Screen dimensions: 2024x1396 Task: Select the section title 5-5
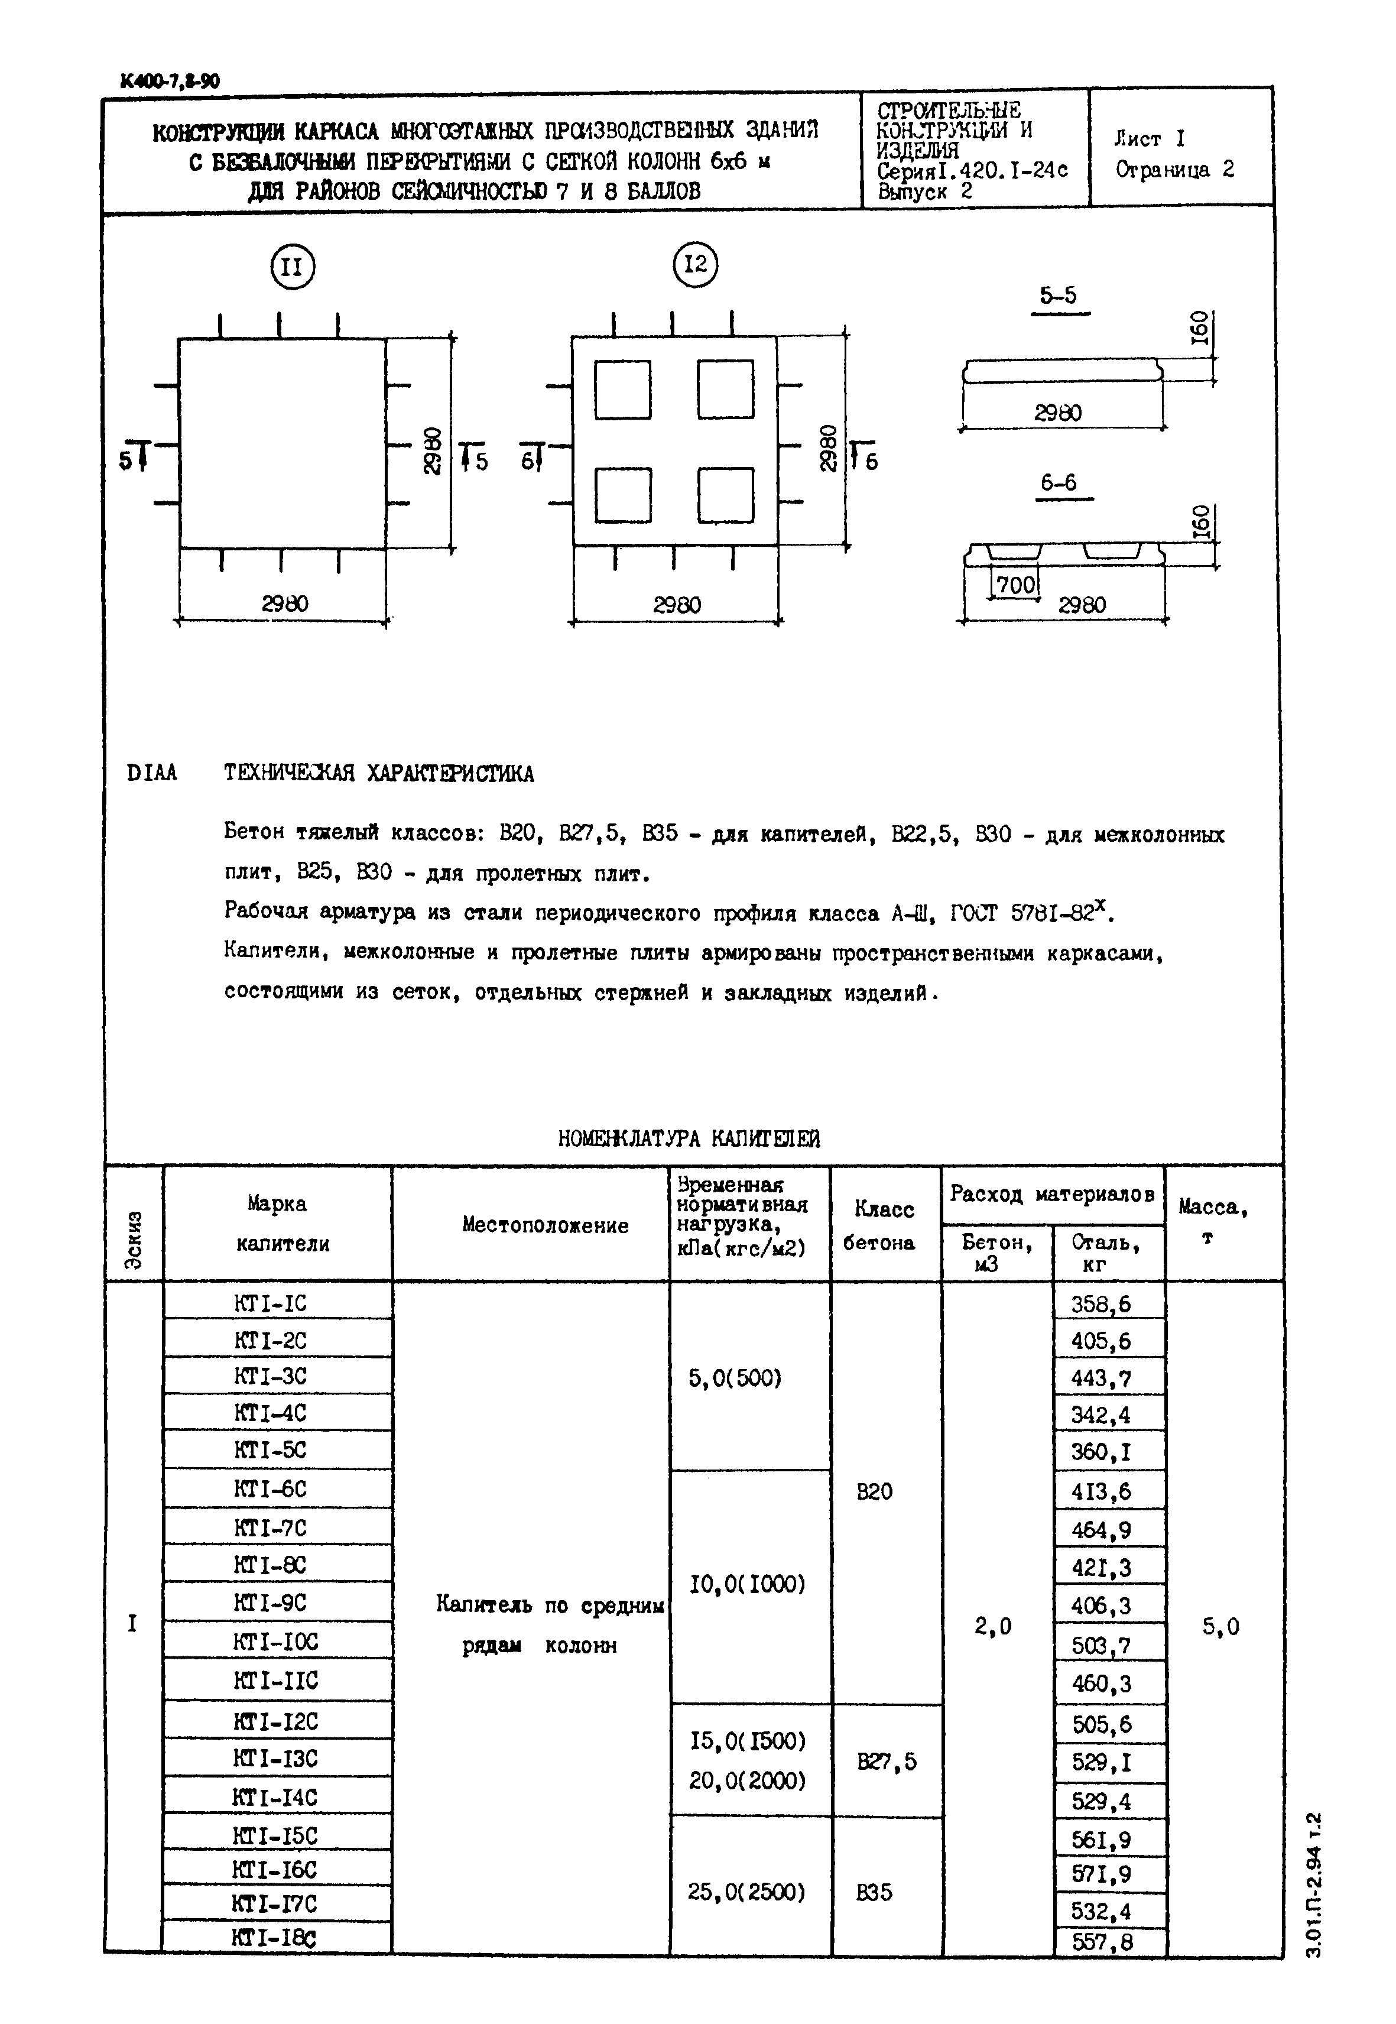(x=1059, y=296)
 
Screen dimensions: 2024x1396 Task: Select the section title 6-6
(x=1059, y=483)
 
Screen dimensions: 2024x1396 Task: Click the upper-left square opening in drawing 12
(x=623, y=389)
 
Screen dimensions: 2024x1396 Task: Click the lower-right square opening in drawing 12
(x=725, y=494)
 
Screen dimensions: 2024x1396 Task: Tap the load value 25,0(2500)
(x=746, y=1892)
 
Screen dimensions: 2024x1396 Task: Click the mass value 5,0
(x=1220, y=1626)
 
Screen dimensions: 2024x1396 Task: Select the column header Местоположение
(x=545, y=1225)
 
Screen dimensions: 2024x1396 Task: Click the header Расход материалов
(x=1052, y=1194)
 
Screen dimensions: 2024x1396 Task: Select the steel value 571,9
(x=1101, y=1874)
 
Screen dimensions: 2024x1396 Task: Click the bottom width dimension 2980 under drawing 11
(x=284, y=604)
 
